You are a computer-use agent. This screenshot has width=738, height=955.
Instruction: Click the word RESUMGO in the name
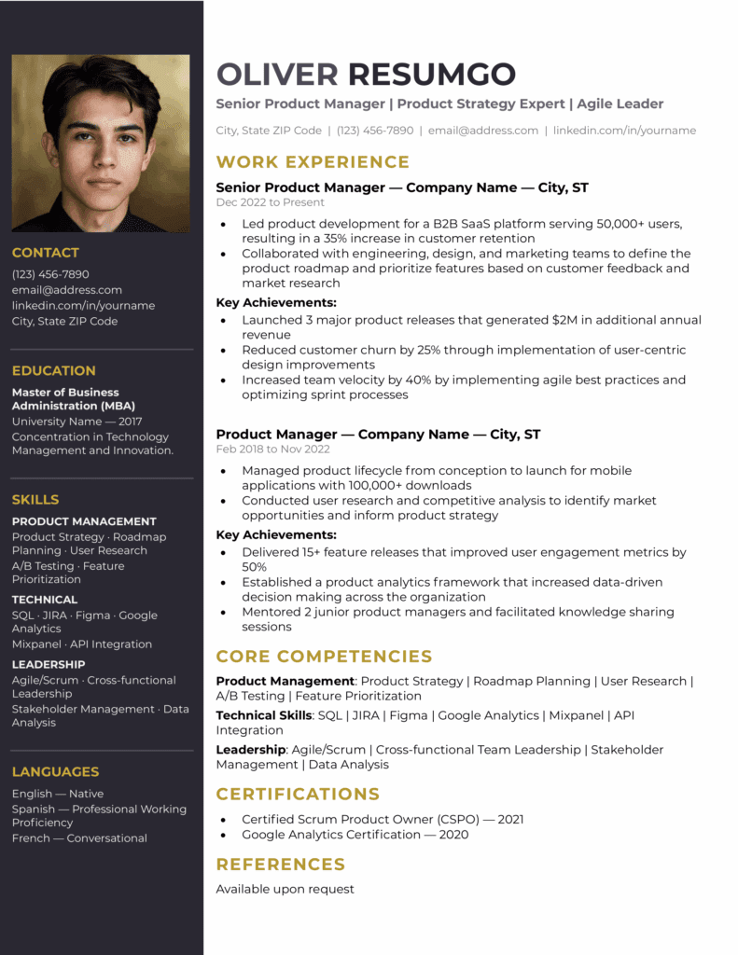[431, 74]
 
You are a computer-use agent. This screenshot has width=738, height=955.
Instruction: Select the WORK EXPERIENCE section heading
[313, 161]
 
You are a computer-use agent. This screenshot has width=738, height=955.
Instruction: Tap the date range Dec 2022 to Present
[270, 202]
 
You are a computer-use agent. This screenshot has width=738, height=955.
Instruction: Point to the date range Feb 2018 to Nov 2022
[272, 449]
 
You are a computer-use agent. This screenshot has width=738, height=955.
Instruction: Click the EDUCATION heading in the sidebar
[53, 370]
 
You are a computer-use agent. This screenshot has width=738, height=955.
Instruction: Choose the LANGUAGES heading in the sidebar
[55, 771]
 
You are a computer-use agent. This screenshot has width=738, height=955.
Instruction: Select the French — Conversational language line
[79, 838]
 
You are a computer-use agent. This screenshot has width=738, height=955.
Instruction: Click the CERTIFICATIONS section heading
[298, 794]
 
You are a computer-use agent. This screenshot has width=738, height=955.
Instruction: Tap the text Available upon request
[285, 889]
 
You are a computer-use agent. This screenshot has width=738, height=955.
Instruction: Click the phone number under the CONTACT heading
[50, 274]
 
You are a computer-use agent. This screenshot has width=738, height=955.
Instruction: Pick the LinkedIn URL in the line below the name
[624, 131]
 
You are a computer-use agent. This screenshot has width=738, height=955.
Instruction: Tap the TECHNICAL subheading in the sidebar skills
[45, 600]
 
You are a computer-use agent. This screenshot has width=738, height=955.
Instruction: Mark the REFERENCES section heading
[281, 864]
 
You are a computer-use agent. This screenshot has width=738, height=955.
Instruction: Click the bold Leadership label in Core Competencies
[250, 749]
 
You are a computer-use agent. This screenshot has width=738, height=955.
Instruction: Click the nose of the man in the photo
[102, 159]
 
